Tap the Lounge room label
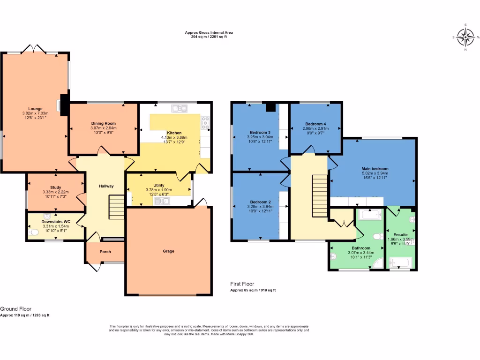pos(35,109)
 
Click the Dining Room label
pos(103,123)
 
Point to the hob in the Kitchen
pos(205,123)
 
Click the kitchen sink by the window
pos(179,108)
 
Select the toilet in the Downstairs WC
pos(32,232)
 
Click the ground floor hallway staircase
pos(116,208)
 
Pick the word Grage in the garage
pos(168,251)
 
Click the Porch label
pos(105,252)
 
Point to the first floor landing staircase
pos(319,196)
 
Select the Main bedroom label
pos(375,168)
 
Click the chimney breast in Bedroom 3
pos(270,107)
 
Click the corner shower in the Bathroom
pos(377,264)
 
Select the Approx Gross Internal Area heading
pos(209,33)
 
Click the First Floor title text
pos(242,284)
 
